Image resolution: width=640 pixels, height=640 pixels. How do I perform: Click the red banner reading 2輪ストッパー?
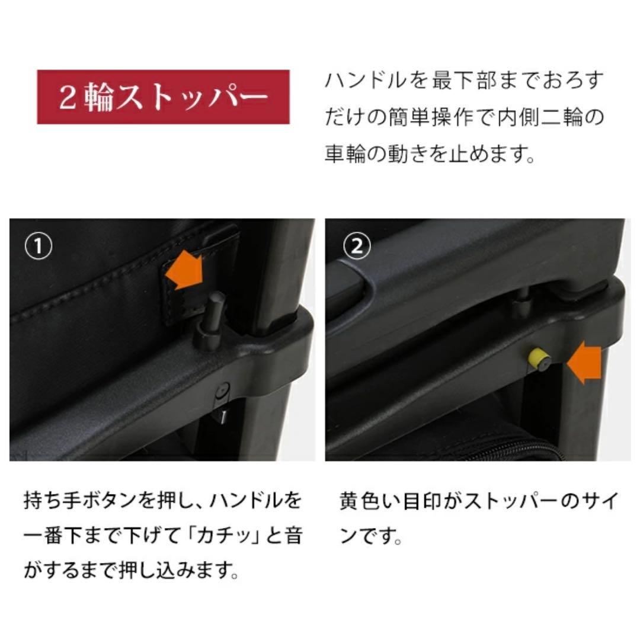163,97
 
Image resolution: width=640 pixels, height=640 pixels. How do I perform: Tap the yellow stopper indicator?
537,357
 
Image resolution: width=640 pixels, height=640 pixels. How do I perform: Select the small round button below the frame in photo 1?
222,391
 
